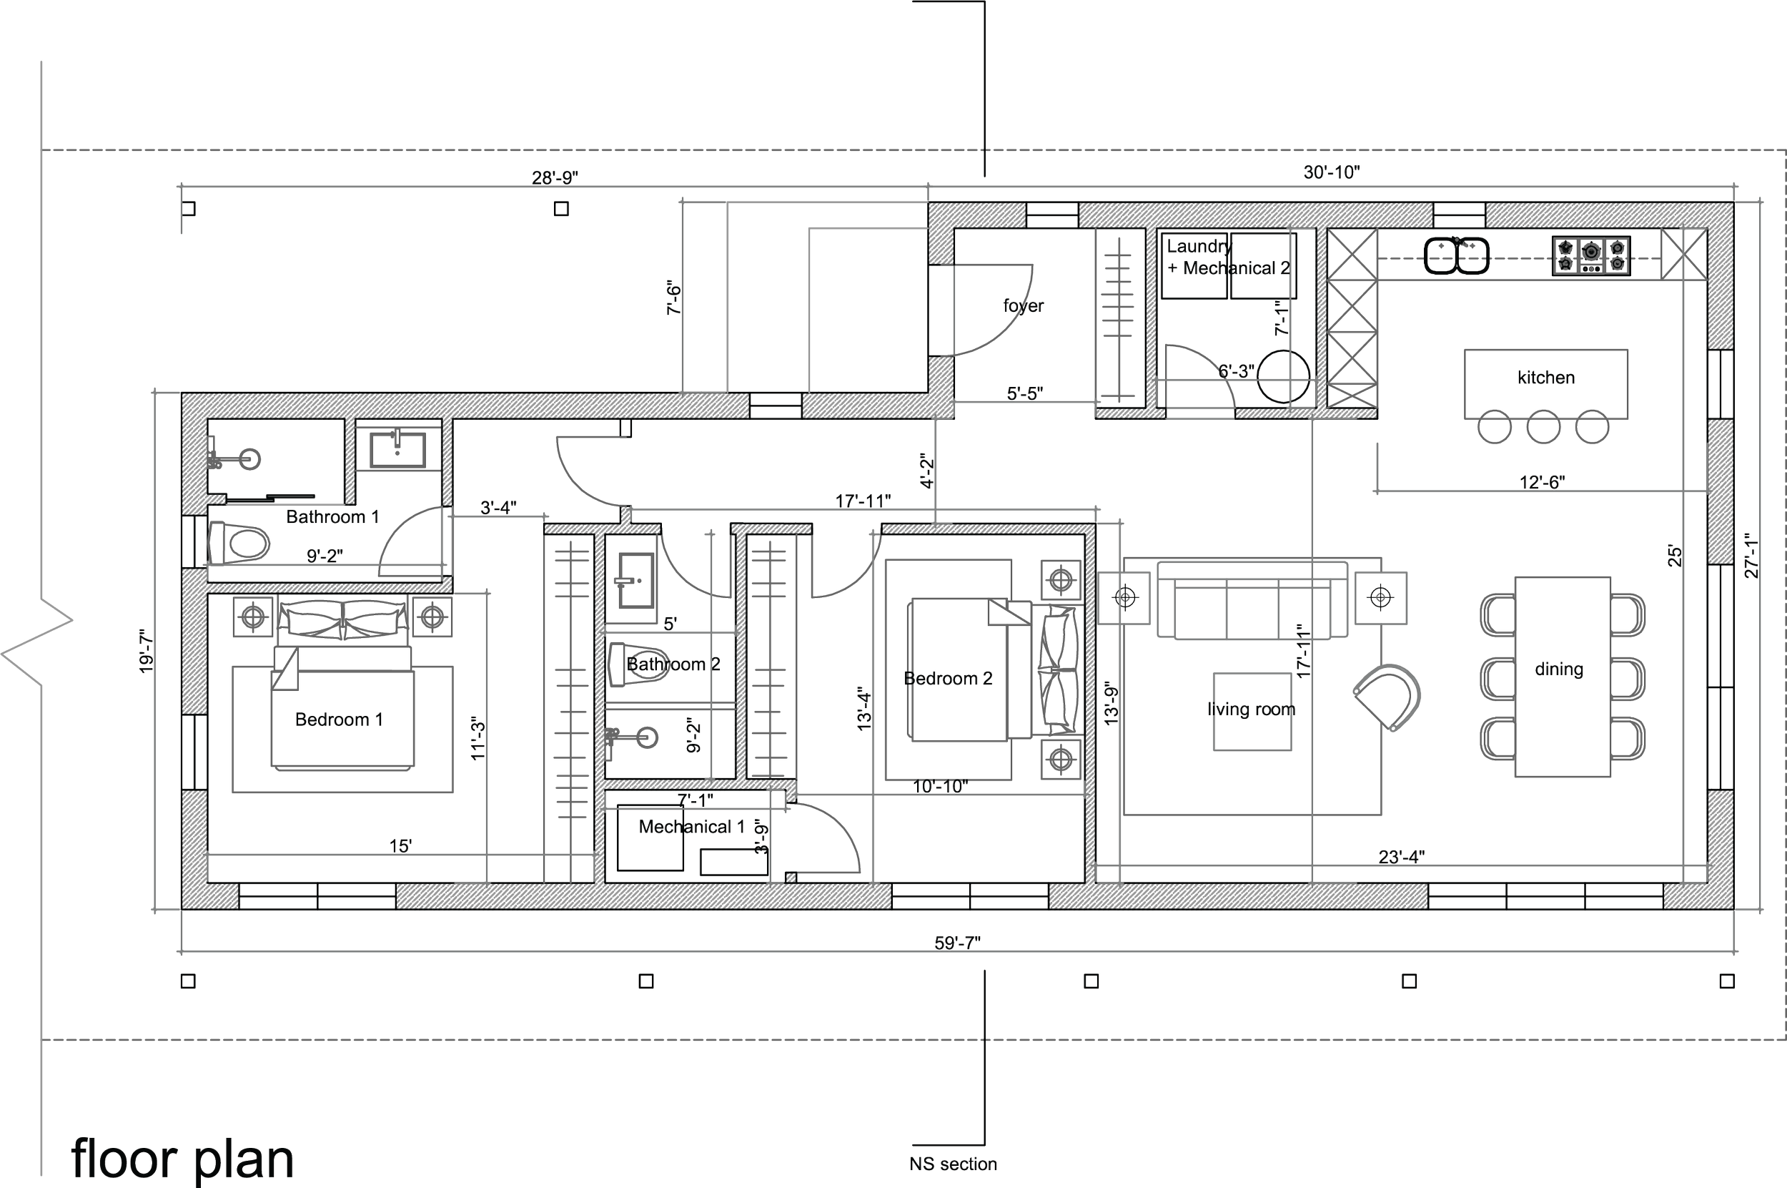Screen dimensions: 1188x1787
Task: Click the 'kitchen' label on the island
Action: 1545,378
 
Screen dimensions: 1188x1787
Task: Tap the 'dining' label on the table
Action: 1558,669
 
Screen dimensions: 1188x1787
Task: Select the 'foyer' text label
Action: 1023,306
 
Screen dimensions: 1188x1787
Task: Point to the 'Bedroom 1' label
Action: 339,719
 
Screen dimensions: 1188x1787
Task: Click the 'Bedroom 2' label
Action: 948,679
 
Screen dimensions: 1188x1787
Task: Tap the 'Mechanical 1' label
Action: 691,827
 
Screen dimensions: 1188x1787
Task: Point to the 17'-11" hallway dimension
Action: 863,500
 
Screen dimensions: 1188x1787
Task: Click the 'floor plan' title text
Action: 181,1157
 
